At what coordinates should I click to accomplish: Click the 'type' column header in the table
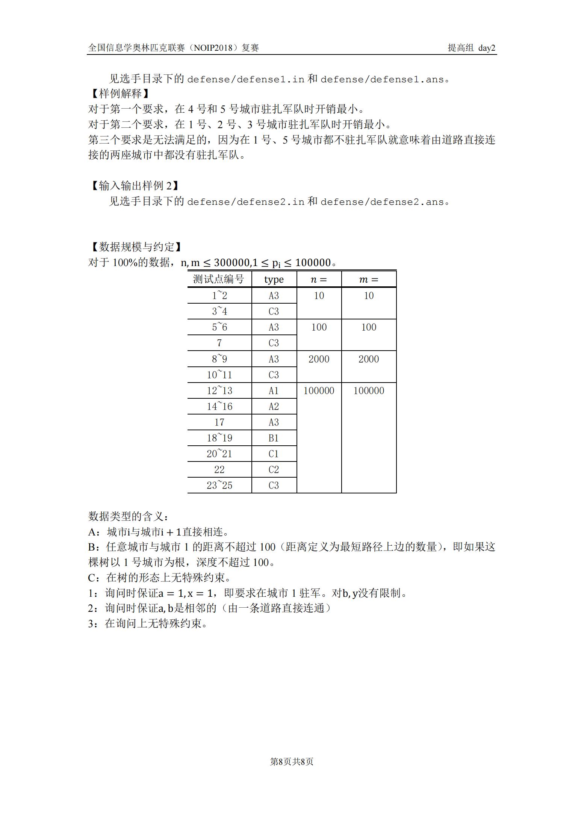274,279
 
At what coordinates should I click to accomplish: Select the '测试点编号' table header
219,279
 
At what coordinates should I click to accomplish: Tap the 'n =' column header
319,279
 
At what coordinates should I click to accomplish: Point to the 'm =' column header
368,279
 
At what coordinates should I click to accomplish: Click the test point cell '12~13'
219,391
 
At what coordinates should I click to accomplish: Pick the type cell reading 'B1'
274,438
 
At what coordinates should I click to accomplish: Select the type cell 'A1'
274,391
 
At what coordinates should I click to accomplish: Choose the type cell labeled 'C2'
274,470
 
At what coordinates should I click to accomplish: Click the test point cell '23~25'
219,486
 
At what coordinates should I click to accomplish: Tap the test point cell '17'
219,422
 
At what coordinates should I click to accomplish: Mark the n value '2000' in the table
319,359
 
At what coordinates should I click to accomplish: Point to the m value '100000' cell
368,391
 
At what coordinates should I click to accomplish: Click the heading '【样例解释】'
119,94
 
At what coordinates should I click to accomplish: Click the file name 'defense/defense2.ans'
382,202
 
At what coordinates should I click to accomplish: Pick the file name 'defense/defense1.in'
245,80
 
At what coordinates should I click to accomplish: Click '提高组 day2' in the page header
471,48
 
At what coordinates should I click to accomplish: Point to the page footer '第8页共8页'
292,762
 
